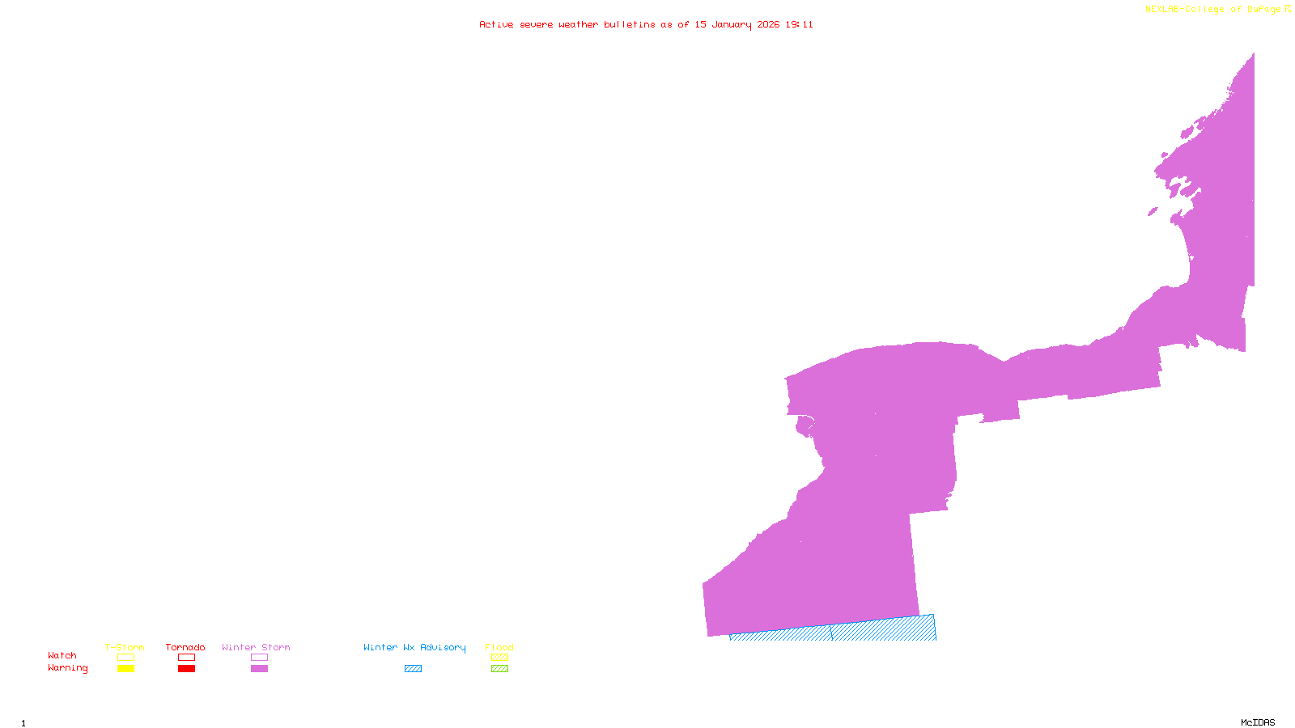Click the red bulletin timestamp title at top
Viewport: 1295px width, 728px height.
pos(646,25)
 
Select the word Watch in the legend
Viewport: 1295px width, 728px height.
pos(62,656)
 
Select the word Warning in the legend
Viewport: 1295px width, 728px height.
pos(68,668)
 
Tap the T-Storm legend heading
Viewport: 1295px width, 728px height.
pos(125,647)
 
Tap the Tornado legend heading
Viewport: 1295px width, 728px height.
pos(185,647)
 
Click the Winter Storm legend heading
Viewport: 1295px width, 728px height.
pos(256,647)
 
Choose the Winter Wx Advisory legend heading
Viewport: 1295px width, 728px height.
pos(414,647)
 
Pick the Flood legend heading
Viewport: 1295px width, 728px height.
pos(499,647)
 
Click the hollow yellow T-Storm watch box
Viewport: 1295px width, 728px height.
pos(125,658)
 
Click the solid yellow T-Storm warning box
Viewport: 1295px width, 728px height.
pos(125,669)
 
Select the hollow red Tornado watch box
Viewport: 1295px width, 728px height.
pos(186,658)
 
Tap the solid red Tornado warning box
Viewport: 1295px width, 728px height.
pos(186,669)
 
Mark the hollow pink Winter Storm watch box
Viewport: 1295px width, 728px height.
pos(259,658)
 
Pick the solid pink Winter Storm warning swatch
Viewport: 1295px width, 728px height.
pos(259,669)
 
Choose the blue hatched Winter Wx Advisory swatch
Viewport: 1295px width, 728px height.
pos(413,669)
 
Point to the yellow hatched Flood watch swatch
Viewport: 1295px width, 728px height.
pos(500,658)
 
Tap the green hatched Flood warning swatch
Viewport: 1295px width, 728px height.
pos(500,669)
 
